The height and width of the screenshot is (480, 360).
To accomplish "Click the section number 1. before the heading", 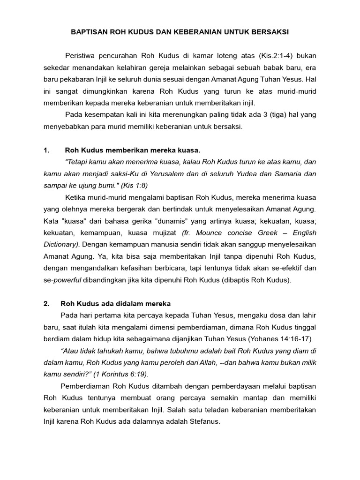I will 46,150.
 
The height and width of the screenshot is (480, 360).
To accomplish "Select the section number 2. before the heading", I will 46,303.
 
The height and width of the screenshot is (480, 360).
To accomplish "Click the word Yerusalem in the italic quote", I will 165,173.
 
